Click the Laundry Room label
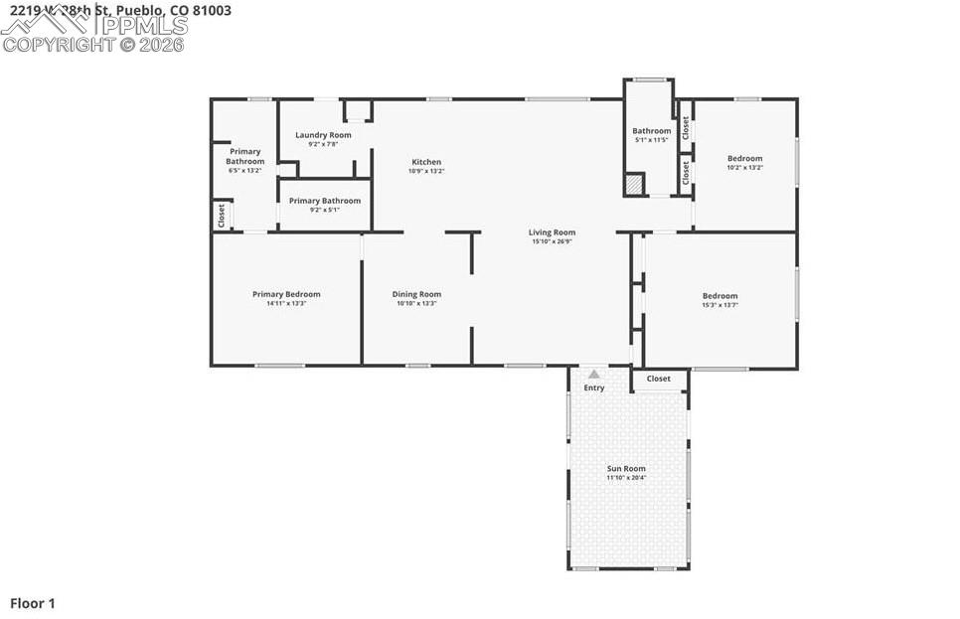coord(323,135)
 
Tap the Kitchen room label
coord(426,162)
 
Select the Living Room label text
coord(553,232)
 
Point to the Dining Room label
coord(416,294)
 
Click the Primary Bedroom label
coord(286,294)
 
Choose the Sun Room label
coord(626,468)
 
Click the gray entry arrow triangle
coord(593,375)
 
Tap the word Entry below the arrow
coord(593,387)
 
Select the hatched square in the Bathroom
coord(634,185)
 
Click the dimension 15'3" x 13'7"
coord(720,305)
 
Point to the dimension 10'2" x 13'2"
coord(744,168)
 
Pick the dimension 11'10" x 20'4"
coord(626,478)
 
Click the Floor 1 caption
coord(33,603)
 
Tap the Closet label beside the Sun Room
coord(658,379)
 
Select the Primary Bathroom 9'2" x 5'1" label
coord(325,201)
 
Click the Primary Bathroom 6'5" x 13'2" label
coord(244,161)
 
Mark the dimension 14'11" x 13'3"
coord(286,304)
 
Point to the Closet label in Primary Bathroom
coord(221,216)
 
